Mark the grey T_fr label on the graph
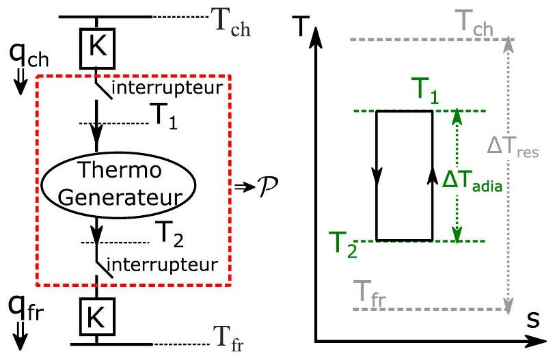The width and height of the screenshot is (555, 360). point(370,294)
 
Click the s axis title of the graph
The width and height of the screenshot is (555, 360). point(532,321)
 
